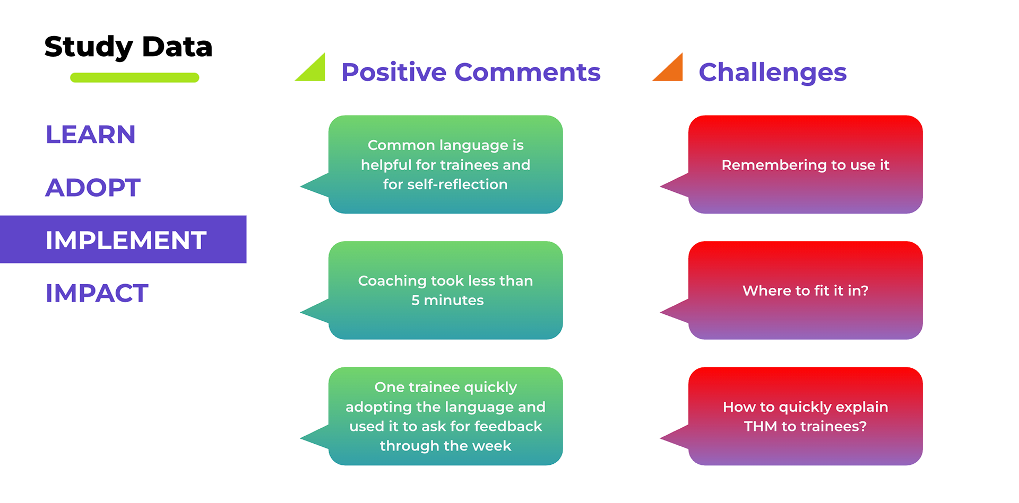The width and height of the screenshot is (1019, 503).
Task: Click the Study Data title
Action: [128, 47]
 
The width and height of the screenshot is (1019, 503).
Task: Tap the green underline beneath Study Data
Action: [134, 77]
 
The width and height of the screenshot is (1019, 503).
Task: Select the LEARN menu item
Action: [91, 135]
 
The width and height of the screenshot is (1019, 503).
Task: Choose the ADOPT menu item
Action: [93, 188]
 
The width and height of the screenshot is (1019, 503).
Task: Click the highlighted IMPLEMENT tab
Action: [126, 240]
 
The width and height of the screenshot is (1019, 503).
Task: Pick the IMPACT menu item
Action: [97, 293]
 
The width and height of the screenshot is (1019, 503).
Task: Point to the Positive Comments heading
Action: [471, 72]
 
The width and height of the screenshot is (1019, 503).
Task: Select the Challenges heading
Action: [772, 72]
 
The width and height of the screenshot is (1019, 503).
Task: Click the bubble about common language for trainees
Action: [445, 164]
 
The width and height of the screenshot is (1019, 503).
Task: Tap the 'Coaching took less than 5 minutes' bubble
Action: [445, 290]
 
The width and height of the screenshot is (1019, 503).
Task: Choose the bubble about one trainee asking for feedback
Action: [445, 416]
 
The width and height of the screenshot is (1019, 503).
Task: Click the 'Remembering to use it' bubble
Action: [805, 164]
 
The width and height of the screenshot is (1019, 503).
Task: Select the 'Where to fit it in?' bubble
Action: [805, 290]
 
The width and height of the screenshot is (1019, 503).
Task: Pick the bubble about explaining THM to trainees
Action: [805, 416]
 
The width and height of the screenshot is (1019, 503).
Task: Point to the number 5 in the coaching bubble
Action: [415, 301]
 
